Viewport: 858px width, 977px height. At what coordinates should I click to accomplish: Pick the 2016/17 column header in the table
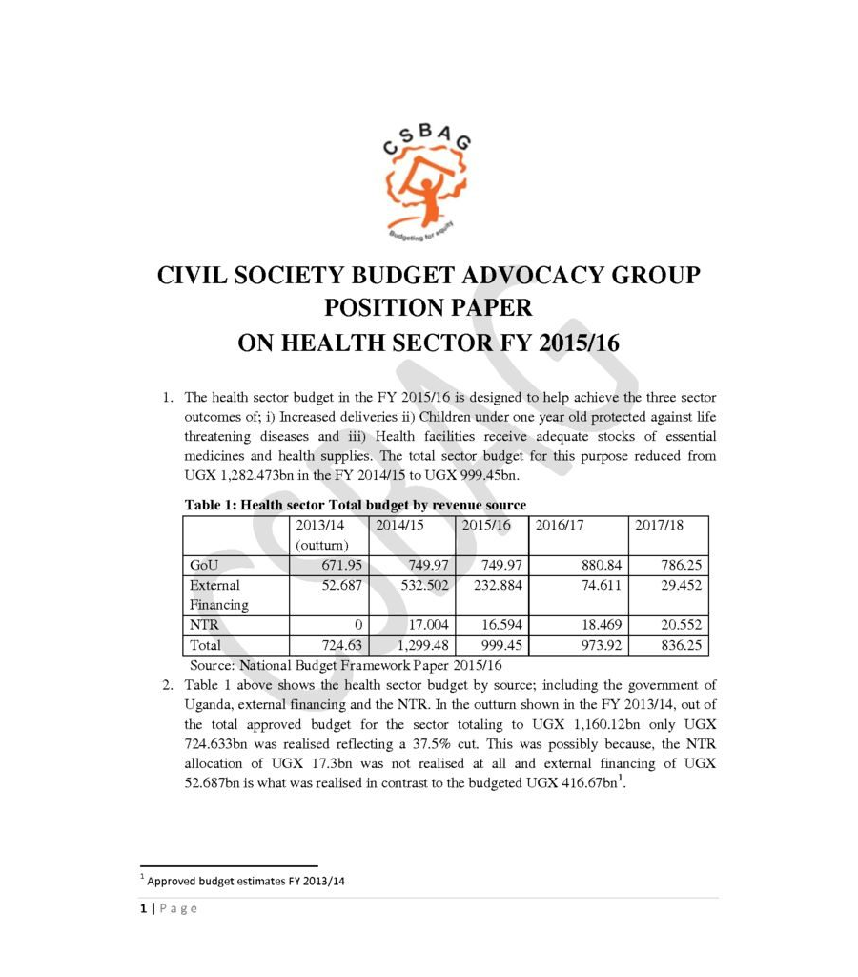(557, 525)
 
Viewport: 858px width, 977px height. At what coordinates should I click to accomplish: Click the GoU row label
(205, 565)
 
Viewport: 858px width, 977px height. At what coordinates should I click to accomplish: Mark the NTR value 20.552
(681, 625)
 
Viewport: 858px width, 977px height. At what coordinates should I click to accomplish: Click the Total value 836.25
(681, 646)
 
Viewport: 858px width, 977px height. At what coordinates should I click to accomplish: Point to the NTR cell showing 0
(357, 625)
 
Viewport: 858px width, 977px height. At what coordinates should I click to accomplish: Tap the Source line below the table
(344, 665)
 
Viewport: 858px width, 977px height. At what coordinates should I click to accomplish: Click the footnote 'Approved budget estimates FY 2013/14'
(245, 881)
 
